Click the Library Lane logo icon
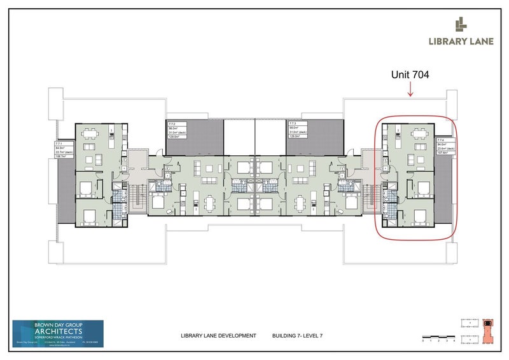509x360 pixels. [460, 25]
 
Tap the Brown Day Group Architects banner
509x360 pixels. [58, 334]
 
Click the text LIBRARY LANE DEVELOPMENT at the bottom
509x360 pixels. [219, 335]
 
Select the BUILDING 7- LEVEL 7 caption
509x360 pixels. [298, 335]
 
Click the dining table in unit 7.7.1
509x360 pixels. [90, 134]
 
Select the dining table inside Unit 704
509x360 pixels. [418, 134]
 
